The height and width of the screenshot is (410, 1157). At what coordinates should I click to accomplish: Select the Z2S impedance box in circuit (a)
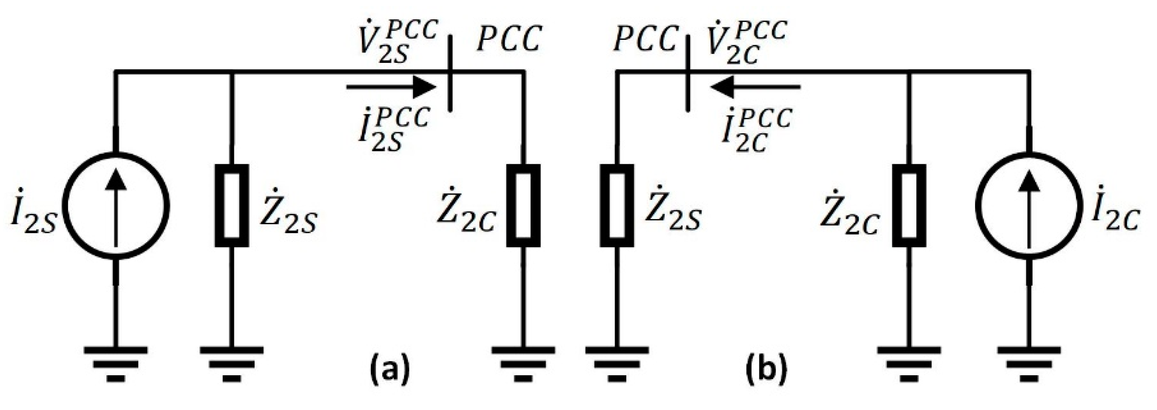point(231,205)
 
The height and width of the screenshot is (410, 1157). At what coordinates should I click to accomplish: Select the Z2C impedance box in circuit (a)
point(523,205)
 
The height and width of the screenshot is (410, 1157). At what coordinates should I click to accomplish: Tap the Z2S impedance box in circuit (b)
point(616,205)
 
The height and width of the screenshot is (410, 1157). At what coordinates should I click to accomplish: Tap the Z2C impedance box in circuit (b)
point(909,205)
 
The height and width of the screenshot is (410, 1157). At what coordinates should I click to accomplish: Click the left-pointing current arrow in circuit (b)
point(755,87)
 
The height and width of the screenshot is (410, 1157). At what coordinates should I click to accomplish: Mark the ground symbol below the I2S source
point(116,364)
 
